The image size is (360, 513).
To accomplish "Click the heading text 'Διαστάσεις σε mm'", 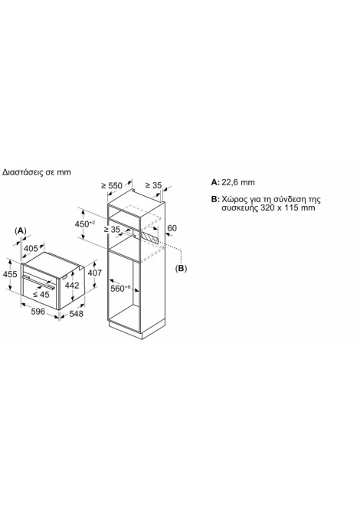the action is click(x=36, y=172).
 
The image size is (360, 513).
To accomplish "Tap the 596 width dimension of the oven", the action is click(x=38, y=312).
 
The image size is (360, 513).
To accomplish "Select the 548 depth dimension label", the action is click(x=77, y=314).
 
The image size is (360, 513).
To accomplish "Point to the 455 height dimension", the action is click(x=10, y=273).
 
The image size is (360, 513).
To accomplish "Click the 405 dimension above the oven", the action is click(x=31, y=249).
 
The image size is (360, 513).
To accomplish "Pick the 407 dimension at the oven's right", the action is click(x=95, y=273).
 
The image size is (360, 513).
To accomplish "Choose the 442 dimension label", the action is click(x=72, y=286).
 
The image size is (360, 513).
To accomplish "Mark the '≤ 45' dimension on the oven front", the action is click(x=41, y=295).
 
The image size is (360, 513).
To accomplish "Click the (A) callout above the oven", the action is click(x=20, y=230).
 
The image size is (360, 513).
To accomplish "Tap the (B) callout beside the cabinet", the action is click(x=181, y=268).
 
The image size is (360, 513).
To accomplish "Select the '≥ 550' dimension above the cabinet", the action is click(x=112, y=185).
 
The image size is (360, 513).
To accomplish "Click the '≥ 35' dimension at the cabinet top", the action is click(x=153, y=185).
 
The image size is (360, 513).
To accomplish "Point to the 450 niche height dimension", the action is click(x=85, y=224).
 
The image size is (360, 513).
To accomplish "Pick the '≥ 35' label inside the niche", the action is click(x=112, y=230).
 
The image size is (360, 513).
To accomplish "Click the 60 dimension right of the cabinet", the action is click(x=172, y=227).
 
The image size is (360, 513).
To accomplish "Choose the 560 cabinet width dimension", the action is click(x=120, y=288).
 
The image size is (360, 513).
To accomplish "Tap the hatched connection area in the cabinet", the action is click(x=149, y=237).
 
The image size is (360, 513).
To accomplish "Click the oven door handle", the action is click(x=39, y=280).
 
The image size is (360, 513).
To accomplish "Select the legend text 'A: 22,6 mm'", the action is click(x=233, y=182).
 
